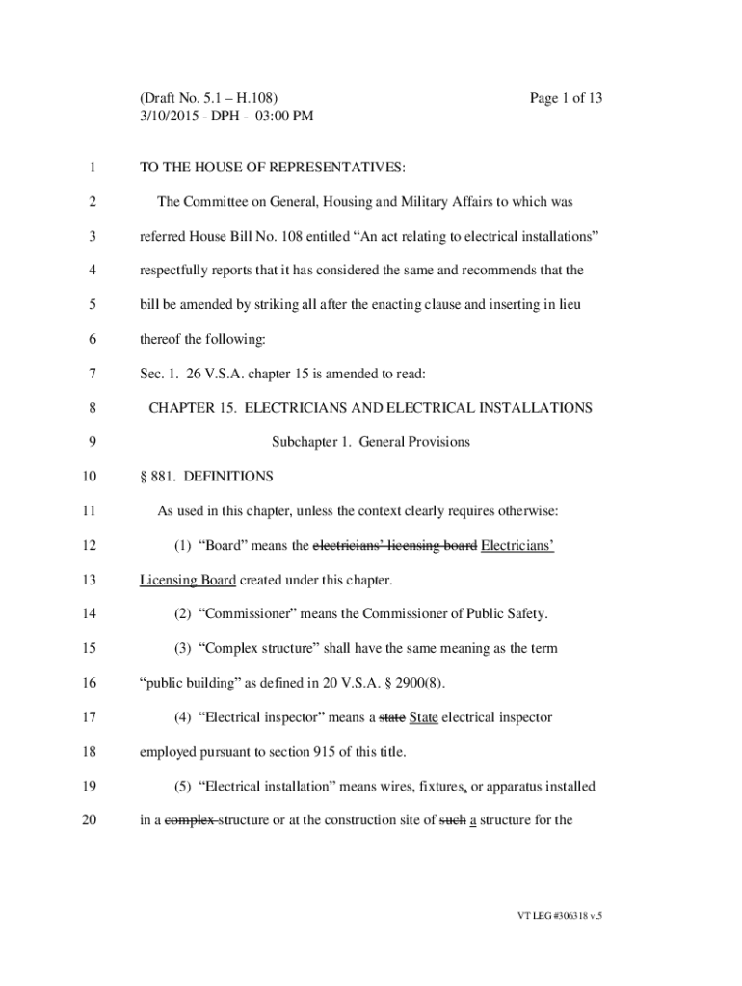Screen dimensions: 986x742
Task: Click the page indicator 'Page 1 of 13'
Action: (566, 98)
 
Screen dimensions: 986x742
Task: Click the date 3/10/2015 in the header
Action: (171, 117)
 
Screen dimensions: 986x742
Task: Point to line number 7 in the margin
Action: (91, 374)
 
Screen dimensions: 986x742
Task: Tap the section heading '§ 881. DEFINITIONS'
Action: (206, 477)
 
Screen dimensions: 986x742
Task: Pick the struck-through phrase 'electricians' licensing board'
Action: (395, 546)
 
